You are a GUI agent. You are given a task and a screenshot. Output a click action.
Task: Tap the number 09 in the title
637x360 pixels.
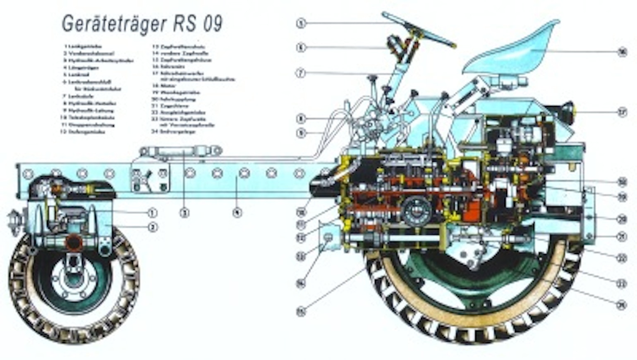212,24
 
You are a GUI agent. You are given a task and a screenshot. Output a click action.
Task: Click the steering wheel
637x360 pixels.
418,29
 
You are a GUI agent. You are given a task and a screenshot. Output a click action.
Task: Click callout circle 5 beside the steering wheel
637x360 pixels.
301,24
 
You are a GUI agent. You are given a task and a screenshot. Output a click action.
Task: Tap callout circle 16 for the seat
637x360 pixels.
622,52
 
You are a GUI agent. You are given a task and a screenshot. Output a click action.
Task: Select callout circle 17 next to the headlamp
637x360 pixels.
622,112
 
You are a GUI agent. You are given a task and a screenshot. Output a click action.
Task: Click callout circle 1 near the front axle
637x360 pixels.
153,213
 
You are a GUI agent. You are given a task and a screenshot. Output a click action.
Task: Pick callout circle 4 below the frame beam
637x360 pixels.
237,213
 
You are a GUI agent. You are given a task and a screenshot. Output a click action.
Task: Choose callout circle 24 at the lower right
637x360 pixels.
621,305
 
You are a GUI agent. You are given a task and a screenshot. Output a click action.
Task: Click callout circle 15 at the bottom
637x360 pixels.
301,311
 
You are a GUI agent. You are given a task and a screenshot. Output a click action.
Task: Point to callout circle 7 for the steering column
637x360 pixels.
301,73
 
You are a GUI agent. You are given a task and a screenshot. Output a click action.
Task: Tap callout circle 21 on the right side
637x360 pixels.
621,237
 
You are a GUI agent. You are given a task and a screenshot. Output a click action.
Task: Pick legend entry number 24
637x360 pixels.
173,132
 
